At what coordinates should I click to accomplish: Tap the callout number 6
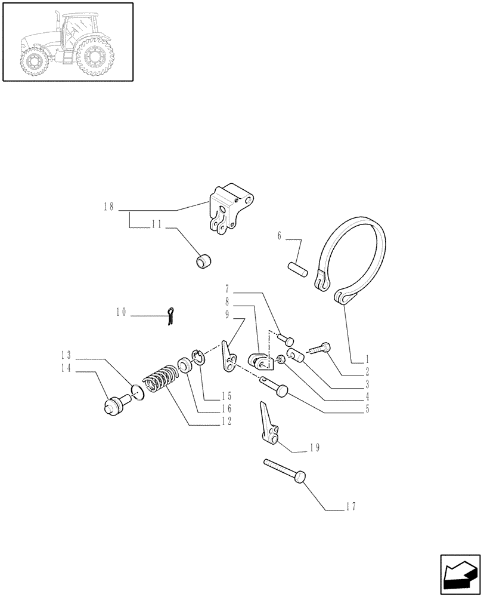(x=279, y=236)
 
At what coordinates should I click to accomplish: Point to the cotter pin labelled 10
(x=171, y=316)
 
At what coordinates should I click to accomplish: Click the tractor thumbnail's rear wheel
(x=95, y=57)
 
